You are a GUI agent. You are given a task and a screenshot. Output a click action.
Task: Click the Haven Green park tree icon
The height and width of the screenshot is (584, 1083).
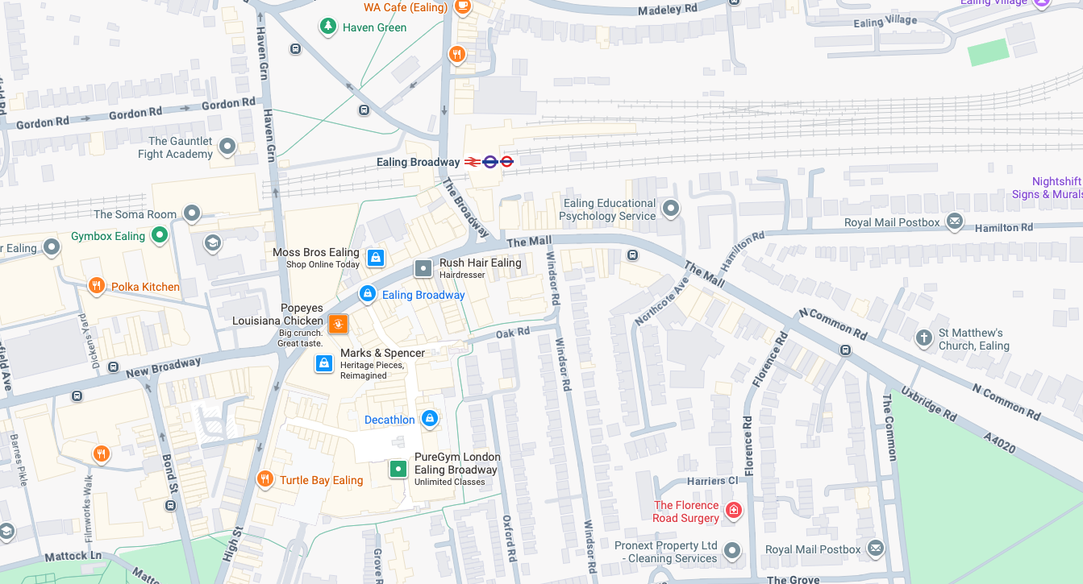[x=327, y=27]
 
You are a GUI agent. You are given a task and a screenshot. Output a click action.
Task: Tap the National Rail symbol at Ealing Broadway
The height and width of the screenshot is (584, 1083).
[x=473, y=162]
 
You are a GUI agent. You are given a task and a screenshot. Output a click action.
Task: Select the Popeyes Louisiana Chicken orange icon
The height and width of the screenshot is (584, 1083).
[x=338, y=324]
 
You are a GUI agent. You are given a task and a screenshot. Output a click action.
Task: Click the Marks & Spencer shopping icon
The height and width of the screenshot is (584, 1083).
[x=324, y=363]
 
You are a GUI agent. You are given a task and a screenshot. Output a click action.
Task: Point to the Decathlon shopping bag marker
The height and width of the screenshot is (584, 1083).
[x=430, y=418]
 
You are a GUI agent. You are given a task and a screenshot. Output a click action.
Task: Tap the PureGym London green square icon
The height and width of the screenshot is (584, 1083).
[x=398, y=469]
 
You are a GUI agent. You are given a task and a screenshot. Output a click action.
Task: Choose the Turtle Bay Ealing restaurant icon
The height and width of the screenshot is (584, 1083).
[x=265, y=479]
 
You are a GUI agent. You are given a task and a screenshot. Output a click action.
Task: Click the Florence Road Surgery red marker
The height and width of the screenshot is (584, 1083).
[x=733, y=510]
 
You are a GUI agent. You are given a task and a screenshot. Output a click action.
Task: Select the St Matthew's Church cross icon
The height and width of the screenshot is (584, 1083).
[x=924, y=338]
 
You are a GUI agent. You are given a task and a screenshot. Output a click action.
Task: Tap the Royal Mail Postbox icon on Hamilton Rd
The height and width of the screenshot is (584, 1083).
[x=955, y=222]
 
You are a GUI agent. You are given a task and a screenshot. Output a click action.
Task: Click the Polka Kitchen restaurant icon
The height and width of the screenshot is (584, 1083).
[x=97, y=286]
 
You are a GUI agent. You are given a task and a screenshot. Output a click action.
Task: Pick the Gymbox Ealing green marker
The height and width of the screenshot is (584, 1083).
[x=160, y=235]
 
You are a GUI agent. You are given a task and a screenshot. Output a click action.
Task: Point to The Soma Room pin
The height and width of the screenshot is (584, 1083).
[x=192, y=213]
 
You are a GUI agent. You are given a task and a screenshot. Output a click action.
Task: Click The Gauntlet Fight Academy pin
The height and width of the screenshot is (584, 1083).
[x=227, y=147]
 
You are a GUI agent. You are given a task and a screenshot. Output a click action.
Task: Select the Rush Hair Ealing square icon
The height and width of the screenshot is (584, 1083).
[x=423, y=268]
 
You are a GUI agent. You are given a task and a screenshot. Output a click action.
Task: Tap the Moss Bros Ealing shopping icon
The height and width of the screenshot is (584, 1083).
[x=375, y=258]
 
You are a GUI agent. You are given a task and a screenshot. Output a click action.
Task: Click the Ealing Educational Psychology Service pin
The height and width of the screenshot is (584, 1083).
[x=671, y=209]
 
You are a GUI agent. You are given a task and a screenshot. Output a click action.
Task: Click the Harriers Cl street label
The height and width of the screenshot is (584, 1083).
[x=712, y=481]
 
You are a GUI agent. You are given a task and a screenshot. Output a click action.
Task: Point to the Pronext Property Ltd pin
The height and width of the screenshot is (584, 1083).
[x=732, y=551]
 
